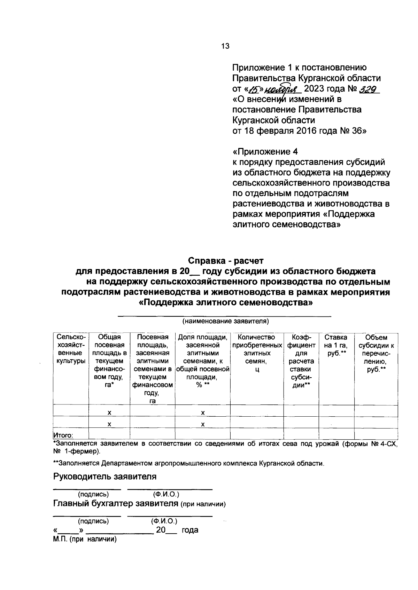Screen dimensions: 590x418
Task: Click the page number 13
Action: pos(225,46)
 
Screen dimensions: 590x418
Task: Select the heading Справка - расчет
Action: pos(226,261)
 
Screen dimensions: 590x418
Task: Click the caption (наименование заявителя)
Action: pos(226,321)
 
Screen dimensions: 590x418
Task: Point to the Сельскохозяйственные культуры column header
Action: pos(71,349)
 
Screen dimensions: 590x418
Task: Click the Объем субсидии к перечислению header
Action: pos(376,353)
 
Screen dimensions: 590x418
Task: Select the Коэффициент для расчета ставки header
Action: pos(301,361)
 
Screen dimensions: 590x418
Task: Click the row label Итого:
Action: pos(63,435)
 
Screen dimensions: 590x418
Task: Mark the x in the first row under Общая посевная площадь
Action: pos(109,412)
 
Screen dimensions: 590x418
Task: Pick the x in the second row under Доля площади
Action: pos(202,424)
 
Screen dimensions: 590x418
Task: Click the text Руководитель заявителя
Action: pos(104,476)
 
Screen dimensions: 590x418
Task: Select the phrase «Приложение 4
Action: pos(265,152)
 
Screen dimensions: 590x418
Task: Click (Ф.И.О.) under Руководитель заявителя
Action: pos(166,494)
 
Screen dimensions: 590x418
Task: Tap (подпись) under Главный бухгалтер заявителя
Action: pos(93,521)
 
